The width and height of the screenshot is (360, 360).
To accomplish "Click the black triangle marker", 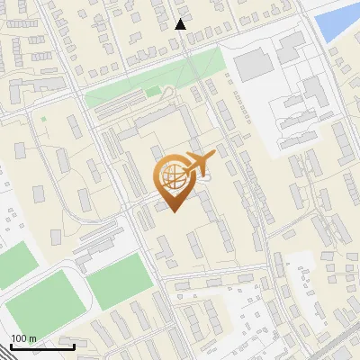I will [x=181, y=24].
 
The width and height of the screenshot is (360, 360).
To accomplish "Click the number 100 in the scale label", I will [x=20, y=338].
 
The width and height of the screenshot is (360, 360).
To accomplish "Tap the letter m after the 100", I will [x=34, y=338].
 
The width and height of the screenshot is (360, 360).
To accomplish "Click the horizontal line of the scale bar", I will [x=42, y=346].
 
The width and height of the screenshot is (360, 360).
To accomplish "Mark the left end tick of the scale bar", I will [x=11, y=344].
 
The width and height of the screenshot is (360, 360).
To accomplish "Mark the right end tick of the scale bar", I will [x=74, y=344].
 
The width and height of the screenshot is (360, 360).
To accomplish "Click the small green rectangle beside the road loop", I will [x=153, y=91].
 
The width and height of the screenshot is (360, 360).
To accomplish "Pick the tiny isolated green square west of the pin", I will [x=43, y=118].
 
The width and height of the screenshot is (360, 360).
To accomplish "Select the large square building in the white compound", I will [x=254, y=64].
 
